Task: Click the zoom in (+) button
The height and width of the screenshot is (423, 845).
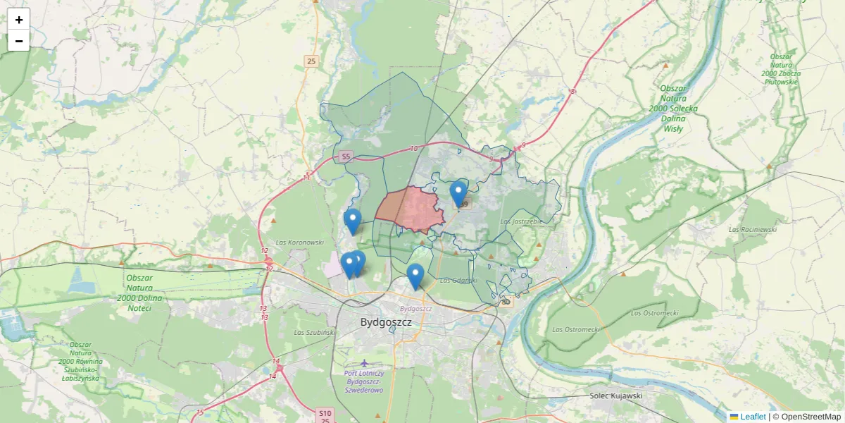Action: click(19, 20)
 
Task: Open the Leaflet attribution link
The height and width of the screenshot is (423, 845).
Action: click(753, 417)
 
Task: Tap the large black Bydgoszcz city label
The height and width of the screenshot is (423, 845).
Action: click(386, 322)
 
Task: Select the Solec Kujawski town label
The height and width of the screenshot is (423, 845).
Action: click(616, 396)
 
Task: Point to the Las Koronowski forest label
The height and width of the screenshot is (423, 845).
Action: click(300, 242)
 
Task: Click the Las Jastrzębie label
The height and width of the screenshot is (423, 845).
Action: click(520, 221)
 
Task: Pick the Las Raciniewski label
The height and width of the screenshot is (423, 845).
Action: click(752, 229)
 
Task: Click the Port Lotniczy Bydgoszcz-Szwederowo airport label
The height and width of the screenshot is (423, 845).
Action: click(364, 381)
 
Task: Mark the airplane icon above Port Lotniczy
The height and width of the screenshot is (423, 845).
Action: click(364, 363)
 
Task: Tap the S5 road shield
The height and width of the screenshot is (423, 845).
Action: click(345, 157)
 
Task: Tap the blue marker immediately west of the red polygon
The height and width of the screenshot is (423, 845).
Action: click(353, 222)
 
